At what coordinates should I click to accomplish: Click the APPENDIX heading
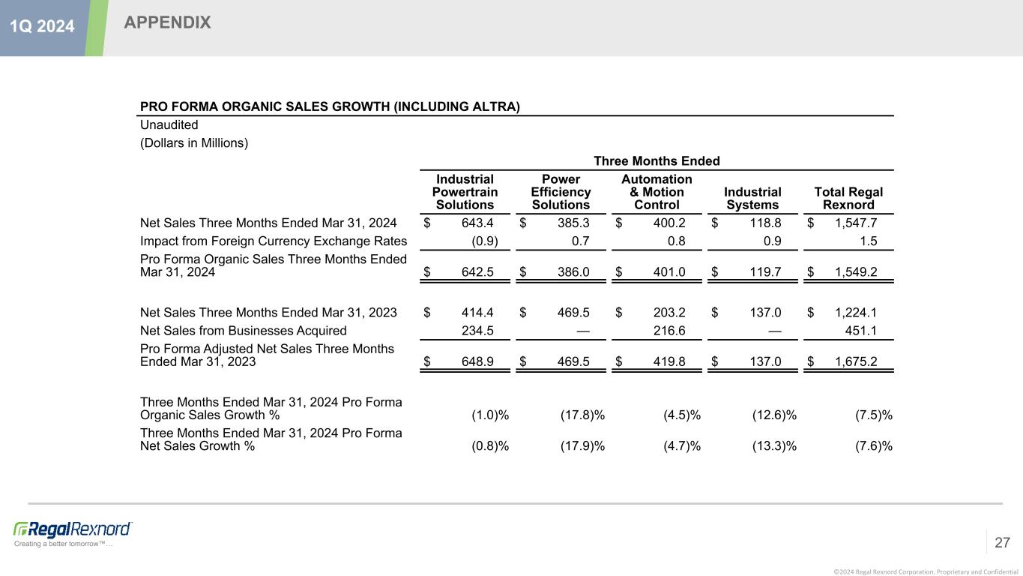tap(167, 23)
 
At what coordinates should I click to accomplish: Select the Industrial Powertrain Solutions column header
tap(465, 192)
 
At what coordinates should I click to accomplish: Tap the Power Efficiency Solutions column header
tap(561, 192)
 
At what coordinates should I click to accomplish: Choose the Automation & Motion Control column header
tap(657, 192)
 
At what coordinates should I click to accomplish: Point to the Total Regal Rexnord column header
tap(848, 199)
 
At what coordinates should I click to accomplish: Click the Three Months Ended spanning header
tap(657, 161)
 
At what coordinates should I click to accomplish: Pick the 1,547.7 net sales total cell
tap(856, 223)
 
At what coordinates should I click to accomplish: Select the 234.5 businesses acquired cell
tap(477, 331)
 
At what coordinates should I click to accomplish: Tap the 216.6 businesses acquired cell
tap(669, 331)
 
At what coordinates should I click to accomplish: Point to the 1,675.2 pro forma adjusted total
tap(856, 361)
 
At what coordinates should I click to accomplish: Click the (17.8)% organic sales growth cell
tap(582, 415)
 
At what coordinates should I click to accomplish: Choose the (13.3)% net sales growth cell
tap(774, 445)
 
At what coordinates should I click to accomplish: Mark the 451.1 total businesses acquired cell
tap(862, 331)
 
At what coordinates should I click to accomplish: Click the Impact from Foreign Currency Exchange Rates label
tap(274, 241)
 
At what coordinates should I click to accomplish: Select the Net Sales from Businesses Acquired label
tap(244, 331)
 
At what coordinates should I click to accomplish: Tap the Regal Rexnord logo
tap(73, 529)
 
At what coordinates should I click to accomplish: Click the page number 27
tap(1003, 542)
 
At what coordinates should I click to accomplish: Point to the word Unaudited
tap(169, 125)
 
